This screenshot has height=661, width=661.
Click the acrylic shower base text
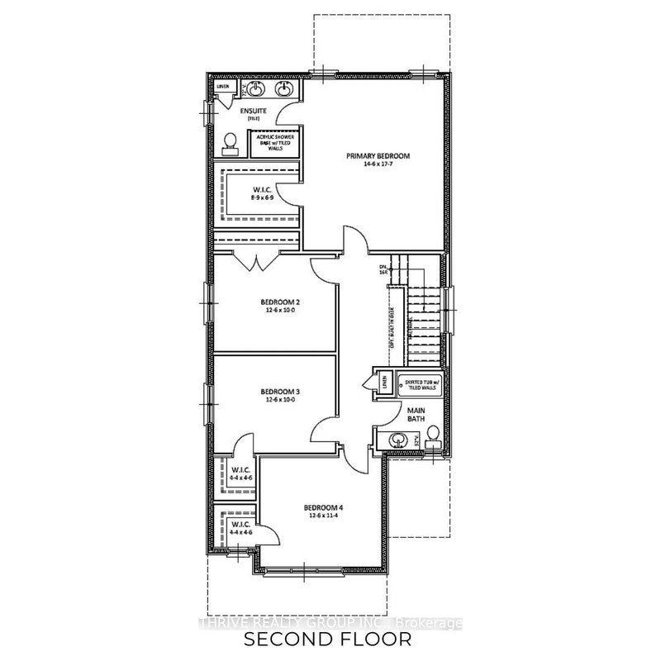pos(275,140)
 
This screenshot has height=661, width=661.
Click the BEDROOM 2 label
pos(278,302)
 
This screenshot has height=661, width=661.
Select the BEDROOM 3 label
pos(278,391)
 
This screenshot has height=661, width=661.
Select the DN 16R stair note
pos(383,269)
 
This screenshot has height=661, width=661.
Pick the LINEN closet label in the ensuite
pos(222,87)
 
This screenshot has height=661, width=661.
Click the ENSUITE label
pos(251,110)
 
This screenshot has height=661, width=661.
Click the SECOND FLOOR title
pos(330,640)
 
